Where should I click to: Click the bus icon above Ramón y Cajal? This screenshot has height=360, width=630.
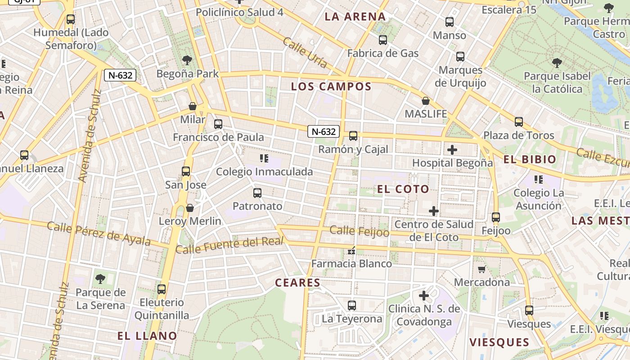coord(353,135)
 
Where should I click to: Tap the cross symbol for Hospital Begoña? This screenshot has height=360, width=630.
coord(452,150)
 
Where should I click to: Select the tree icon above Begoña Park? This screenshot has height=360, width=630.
coord(187,60)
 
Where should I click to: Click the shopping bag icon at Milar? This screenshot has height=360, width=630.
coord(193,107)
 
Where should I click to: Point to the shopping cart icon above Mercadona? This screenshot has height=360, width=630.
coord(481,270)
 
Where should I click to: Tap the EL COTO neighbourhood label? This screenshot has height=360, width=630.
coord(403,189)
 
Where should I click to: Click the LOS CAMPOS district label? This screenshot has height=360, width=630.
coord(331,86)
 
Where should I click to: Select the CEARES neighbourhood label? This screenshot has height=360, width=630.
coord(297,283)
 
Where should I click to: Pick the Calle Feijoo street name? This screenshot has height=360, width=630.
coord(359,231)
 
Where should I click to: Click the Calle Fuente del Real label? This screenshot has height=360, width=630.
coord(229,245)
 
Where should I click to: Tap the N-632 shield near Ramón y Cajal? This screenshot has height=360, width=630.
coord(324,131)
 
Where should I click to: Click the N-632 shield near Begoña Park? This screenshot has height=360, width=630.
coord(120,75)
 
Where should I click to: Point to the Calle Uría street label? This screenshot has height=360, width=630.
coord(305,53)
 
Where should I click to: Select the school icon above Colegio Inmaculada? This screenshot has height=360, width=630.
coord(264,158)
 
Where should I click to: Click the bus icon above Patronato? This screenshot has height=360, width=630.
coord(257,193)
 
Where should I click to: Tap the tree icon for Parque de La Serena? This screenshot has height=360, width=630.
coord(100,279)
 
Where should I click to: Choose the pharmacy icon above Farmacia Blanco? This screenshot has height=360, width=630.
coord(351,251)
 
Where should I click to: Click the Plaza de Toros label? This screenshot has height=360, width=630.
coord(518,135)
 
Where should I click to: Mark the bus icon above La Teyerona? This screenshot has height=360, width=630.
coord(352,306)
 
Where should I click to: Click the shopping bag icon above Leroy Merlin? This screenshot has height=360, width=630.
coord(190,208)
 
